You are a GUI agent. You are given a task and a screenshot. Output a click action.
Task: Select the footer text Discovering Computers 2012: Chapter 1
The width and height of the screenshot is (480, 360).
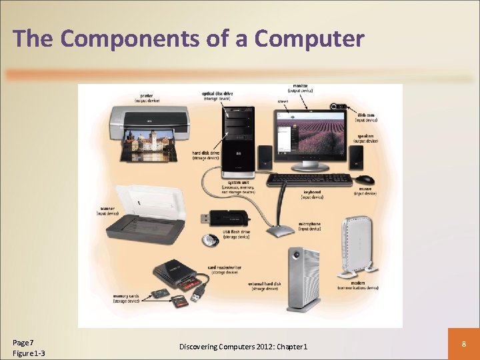tap(243, 347)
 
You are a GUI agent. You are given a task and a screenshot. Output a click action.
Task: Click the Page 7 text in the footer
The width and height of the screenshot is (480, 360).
tap(24, 342)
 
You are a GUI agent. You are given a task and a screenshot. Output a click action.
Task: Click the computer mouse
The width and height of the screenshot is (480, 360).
tap(364, 179)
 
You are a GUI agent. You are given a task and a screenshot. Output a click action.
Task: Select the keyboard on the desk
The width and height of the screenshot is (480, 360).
tap(309, 179)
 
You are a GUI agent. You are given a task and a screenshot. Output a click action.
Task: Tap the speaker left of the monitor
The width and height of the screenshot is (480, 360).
tap(265, 157)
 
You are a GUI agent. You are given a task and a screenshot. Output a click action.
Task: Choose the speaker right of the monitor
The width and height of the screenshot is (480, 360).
tap(357, 157)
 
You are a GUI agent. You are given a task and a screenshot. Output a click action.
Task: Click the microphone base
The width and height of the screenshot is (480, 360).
tap(281, 231)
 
